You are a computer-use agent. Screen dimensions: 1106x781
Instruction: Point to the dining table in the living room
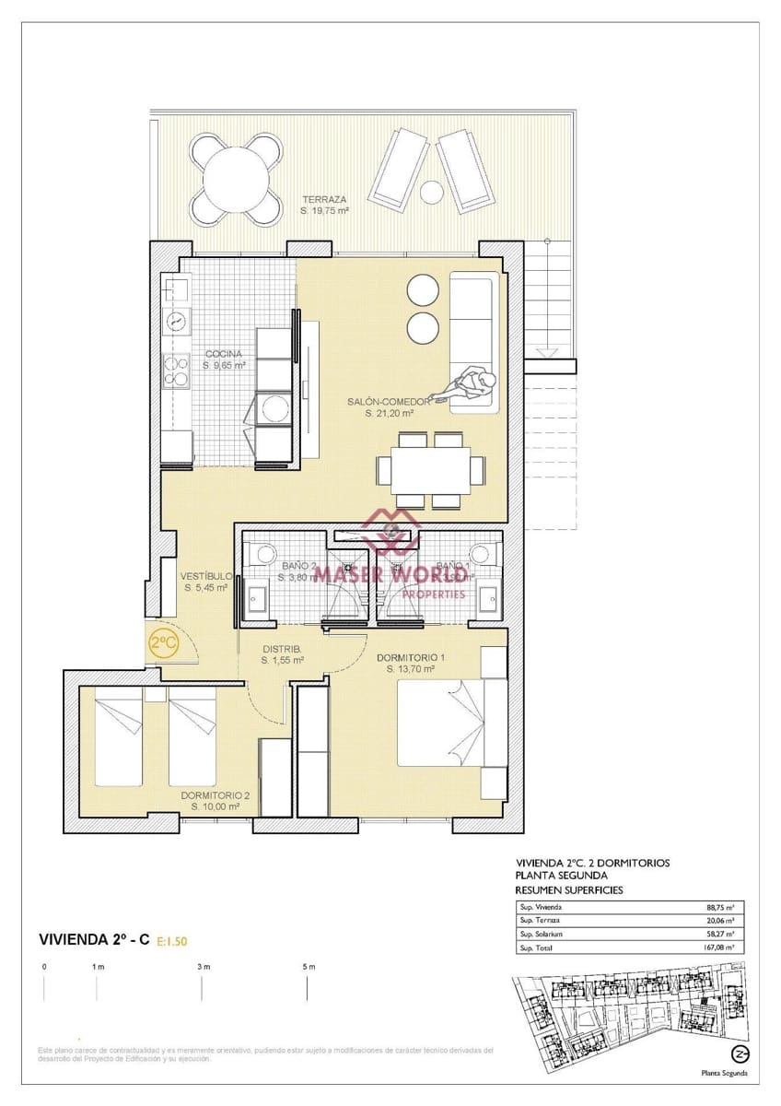(x=430, y=470)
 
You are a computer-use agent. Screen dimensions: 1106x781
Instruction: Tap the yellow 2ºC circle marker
(x=164, y=644)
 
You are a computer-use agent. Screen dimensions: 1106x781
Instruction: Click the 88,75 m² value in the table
(x=721, y=907)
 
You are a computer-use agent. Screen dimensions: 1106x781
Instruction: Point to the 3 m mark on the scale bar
(x=203, y=967)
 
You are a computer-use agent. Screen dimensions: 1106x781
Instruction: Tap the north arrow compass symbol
(x=738, y=1053)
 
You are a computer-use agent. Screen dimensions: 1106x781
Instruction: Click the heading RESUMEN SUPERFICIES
(x=568, y=890)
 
